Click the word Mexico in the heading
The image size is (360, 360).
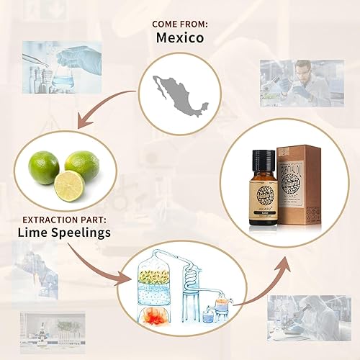click(x=179, y=38)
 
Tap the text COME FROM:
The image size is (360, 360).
click(x=180, y=24)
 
